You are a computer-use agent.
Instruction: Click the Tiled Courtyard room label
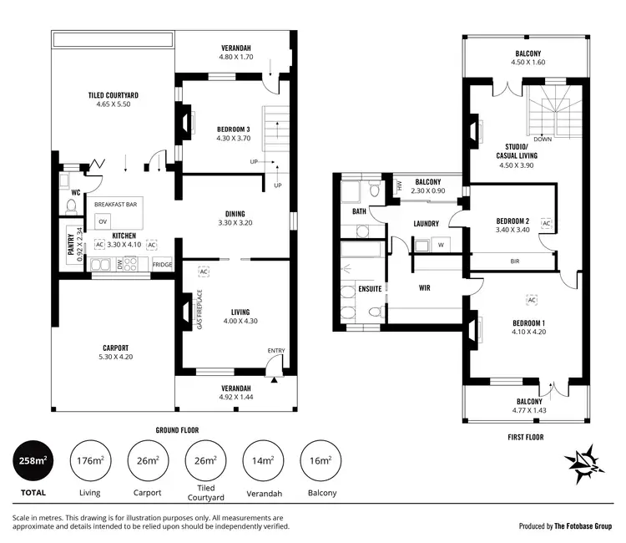tap(113, 101)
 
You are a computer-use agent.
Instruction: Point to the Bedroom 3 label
tap(233, 133)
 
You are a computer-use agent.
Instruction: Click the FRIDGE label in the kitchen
tap(162, 265)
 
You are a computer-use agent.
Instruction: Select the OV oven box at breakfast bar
tap(103, 221)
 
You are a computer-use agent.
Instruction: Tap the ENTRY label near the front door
tap(276, 351)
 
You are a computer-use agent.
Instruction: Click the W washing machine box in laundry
tap(440, 245)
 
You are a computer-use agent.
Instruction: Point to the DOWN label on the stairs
tap(543, 140)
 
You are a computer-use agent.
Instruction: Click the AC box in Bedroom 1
tap(531, 299)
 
